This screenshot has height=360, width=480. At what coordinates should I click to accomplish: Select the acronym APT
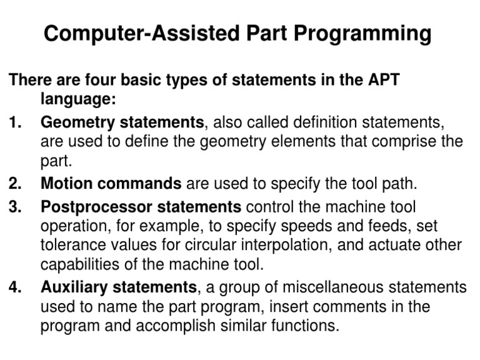coord(381,81)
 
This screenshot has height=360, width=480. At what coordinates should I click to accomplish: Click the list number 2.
coord(15,184)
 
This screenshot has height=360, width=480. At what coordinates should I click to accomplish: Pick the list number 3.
coord(15,206)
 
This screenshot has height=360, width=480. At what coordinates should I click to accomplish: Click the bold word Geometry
coord(77,122)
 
